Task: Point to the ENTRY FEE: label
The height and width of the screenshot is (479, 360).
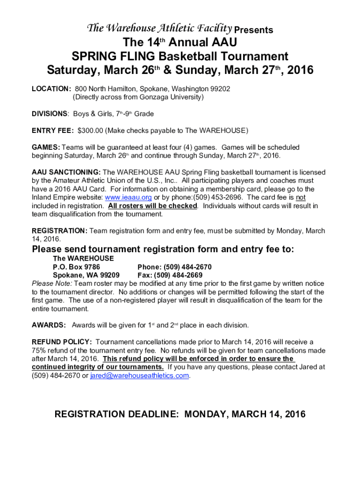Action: pos(52,131)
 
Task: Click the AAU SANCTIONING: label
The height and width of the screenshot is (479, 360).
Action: pos(66,172)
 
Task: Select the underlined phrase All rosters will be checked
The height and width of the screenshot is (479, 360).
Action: pos(152,206)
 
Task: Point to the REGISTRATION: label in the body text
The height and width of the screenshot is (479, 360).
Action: pos(59,231)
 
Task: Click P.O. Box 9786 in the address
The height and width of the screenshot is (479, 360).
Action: pos(76,267)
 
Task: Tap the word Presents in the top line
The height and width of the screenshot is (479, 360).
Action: pos(253,30)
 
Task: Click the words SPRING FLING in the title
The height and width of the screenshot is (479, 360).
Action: pos(113,57)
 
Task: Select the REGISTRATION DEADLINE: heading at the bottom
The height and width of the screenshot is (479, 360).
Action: pos(116,414)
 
